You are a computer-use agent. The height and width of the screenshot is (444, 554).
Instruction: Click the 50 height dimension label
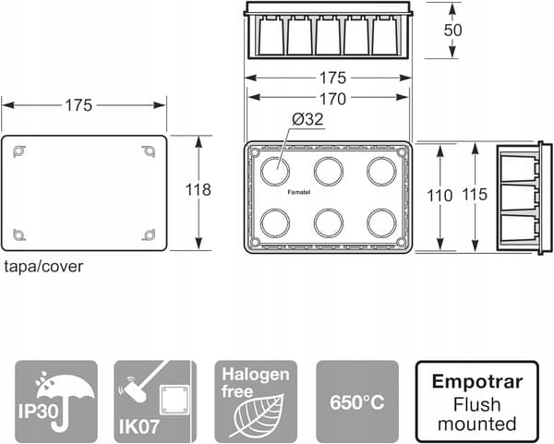[x=452, y=30]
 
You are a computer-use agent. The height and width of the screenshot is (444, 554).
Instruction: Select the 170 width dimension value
[x=332, y=100]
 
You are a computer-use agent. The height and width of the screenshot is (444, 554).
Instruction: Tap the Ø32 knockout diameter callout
[x=307, y=119]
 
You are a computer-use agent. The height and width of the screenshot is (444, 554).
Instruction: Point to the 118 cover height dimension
[x=199, y=189]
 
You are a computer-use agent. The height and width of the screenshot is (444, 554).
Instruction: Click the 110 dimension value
[x=440, y=196]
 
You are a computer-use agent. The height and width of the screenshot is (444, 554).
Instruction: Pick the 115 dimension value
[x=475, y=194]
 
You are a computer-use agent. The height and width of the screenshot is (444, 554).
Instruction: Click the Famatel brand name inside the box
[x=298, y=193]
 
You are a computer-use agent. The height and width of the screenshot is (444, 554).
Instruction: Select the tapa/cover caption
[x=43, y=267]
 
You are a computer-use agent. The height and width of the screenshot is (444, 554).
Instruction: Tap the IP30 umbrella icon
[x=56, y=402]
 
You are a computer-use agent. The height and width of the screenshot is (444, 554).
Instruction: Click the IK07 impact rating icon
[x=155, y=402]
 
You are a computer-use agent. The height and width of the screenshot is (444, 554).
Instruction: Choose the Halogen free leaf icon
[x=256, y=402]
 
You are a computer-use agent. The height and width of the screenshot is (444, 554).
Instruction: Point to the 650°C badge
[x=357, y=402]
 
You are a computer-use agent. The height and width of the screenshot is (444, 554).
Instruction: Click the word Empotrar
[x=477, y=382]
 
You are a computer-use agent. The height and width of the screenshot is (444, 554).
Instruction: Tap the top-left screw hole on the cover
[x=18, y=151]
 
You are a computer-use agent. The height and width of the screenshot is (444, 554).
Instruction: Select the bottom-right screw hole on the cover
[x=149, y=234]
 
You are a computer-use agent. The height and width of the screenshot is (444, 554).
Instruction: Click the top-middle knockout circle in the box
[x=328, y=171]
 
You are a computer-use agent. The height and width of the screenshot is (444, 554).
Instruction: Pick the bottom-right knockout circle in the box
[x=381, y=223]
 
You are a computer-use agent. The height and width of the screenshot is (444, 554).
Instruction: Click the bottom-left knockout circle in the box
[x=275, y=223]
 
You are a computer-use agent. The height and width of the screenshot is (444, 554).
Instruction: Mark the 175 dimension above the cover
[x=78, y=105]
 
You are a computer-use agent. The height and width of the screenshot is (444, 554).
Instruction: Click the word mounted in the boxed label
[x=477, y=424]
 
